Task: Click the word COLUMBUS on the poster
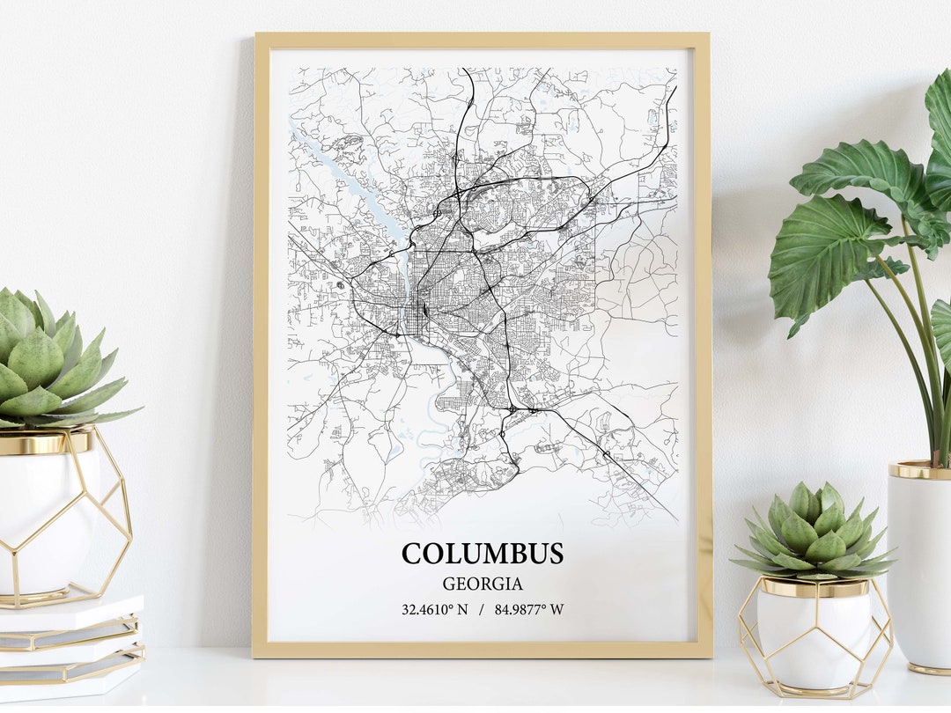(483, 554)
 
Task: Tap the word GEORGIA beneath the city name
(483, 584)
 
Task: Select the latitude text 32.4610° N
(435, 609)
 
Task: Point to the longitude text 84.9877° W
(529, 609)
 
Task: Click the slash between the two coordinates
(482, 609)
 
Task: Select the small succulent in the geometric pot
(812, 533)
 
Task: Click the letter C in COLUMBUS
(412, 554)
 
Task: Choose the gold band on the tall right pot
(918, 470)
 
